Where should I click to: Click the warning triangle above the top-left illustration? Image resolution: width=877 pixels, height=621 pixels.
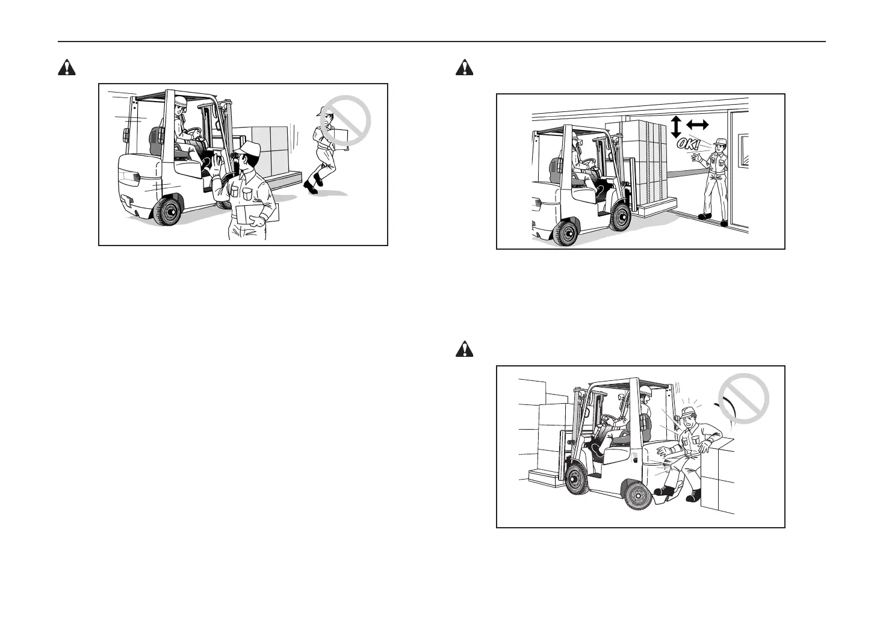pyautogui.click(x=66, y=69)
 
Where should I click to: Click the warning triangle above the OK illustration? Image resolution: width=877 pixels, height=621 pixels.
pyautogui.click(x=464, y=69)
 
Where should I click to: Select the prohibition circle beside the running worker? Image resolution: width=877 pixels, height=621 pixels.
pyautogui.click(x=346, y=120)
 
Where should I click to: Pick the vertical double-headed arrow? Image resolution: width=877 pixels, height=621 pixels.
pyautogui.click(x=675, y=126)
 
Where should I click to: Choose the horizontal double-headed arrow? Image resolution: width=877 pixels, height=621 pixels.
pyautogui.click(x=698, y=125)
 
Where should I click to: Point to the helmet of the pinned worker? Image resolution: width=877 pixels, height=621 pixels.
pyautogui.click(x=689, y=411)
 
